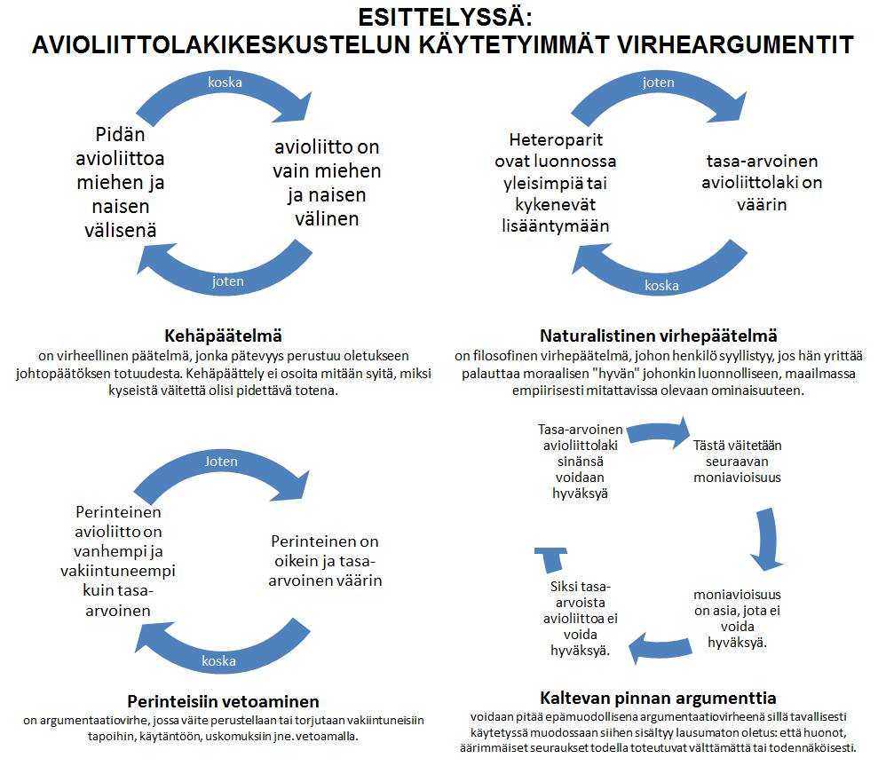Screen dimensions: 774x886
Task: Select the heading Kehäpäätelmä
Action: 223,336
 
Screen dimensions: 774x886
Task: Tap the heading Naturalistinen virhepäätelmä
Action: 658,336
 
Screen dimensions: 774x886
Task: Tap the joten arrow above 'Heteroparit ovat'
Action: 658,83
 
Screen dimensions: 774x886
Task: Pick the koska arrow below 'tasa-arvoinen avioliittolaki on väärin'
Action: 661,285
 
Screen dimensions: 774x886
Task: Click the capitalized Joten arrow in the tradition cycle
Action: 221,462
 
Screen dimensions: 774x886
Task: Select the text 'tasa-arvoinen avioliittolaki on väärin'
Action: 762,183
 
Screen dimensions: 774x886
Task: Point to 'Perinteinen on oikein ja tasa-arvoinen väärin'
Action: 326,561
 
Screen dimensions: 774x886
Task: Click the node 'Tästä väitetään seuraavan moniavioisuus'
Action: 737,461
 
